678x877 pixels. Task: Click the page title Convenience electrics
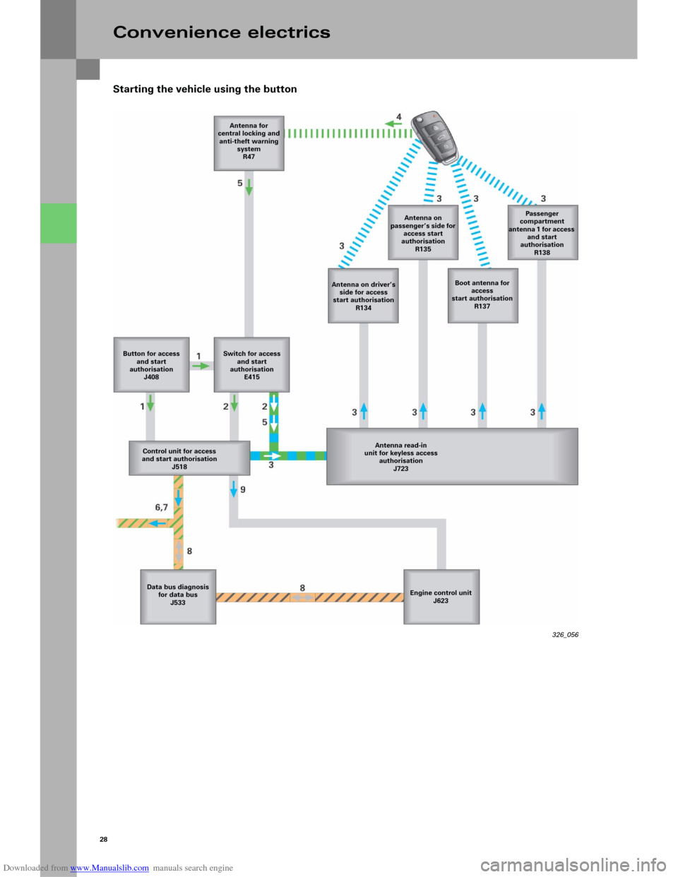(x=221, y=32)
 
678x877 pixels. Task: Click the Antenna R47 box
(x=249, y=143)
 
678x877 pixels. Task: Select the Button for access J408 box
(x=151, y=364)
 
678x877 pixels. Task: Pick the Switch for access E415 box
(x=251, y=364)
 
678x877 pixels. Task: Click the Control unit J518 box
(x=189, y=458)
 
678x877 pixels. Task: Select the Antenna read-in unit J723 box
(x=452, y=456)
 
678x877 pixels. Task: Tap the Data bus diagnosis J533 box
(x=178, y=596)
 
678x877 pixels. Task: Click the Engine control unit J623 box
(x=441, y=597)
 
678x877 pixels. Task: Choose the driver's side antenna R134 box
(x=363, y=295)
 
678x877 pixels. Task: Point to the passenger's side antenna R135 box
(x=423, y=232)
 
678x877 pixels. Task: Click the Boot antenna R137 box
(x=482, y=294)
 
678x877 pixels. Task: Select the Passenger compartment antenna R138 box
(x=542, y=232)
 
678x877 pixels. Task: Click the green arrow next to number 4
(x=393, y=124)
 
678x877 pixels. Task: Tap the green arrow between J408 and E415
(x=201, y=366)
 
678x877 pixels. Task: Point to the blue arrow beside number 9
(x=234, y=488)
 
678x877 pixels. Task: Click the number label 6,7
(x=162, y=507)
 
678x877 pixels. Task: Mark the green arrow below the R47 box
(x=249, y=187)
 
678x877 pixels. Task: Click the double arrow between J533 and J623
(x=303, y=597)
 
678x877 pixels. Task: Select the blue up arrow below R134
(x=364, y=410)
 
